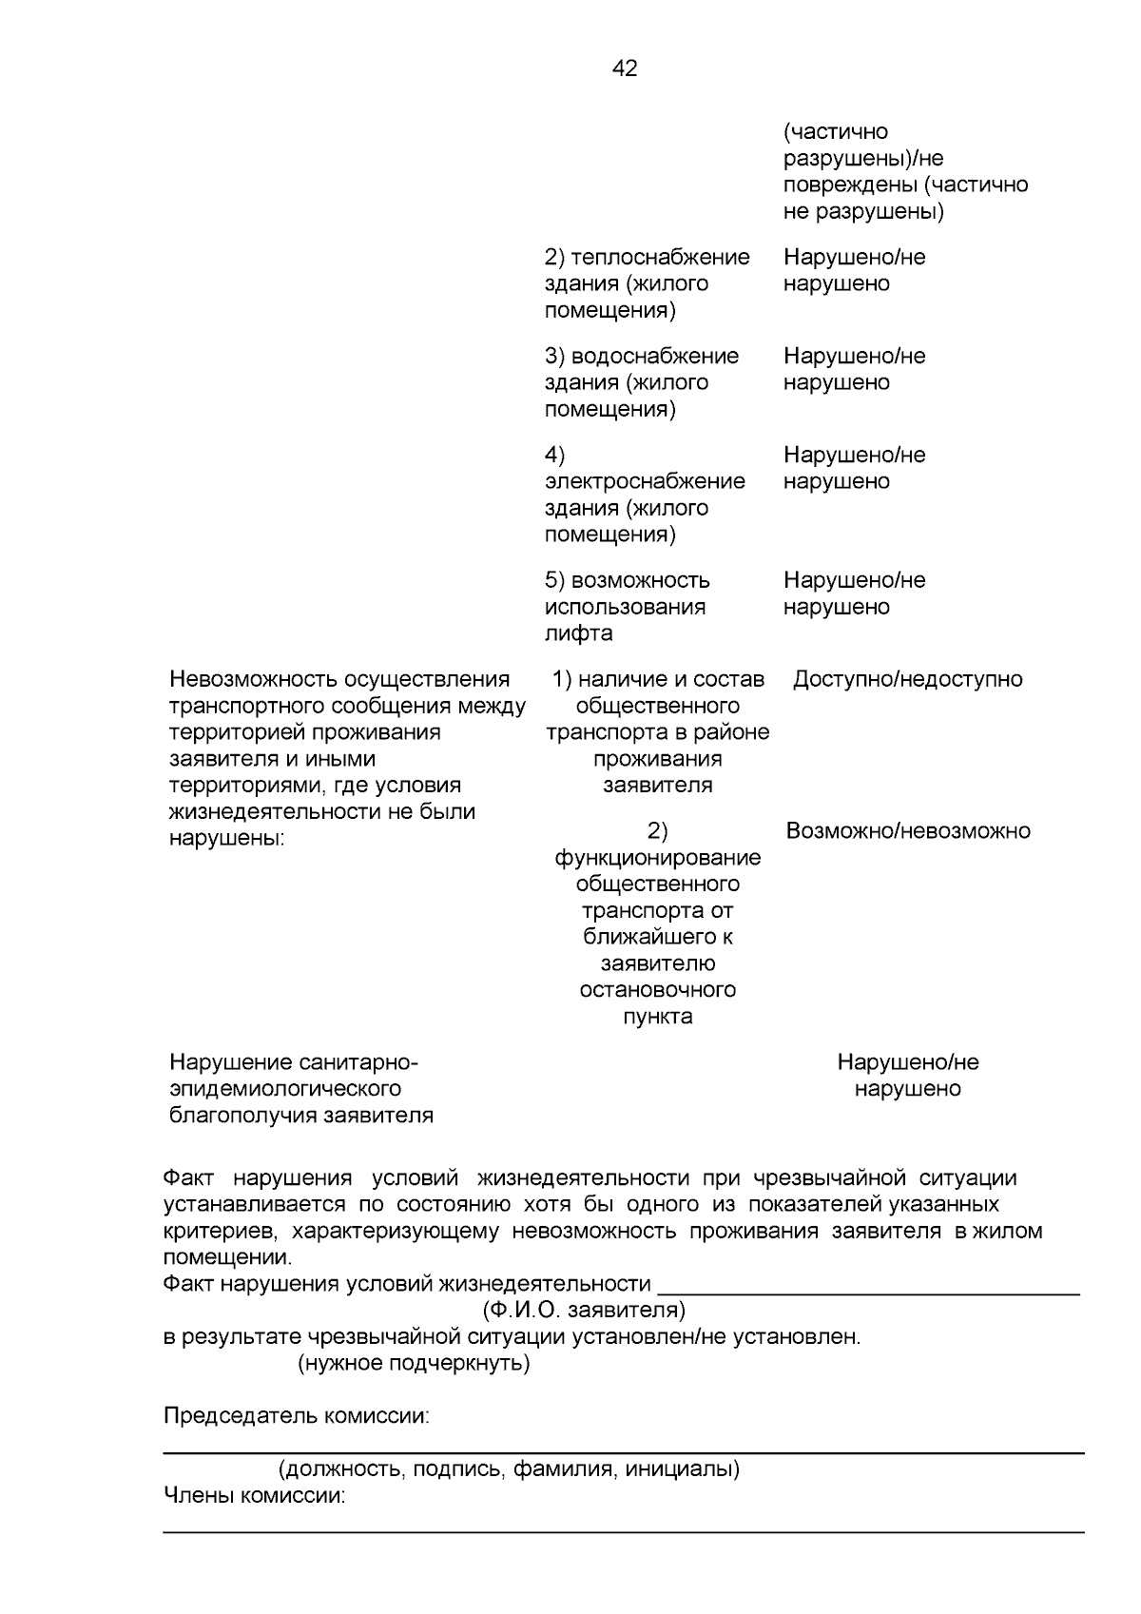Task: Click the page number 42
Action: coord(625,68)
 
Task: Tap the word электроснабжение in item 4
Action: coord(645,481)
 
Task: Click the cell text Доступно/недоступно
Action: coord(907,679)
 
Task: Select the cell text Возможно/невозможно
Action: coord(907,830)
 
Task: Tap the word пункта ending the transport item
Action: coord(657,1017)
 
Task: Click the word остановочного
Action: coord(657,990)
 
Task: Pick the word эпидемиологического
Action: coord(284,1089)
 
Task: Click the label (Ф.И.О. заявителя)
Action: coord(583,1311)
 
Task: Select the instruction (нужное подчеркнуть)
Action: coord(414,1364)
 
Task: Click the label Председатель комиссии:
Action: coord(296,1416)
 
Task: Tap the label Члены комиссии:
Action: coord(254,1496)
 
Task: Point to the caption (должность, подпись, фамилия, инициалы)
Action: coord(509,1469)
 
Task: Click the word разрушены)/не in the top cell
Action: coord(862,158)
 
